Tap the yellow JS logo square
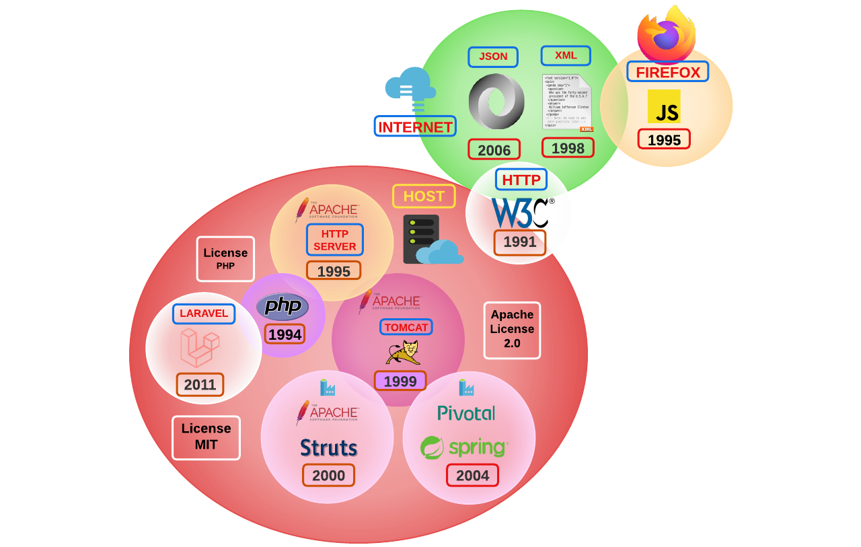(664, 106)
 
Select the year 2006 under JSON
(494, 149)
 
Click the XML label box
(566, 56)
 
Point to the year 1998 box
(568, 148)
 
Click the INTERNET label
(415, 126)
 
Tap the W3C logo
(522, 213)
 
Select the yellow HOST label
(424, 196)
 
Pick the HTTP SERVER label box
(335, 240)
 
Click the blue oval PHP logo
(283, 306)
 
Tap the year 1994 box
(285, 334)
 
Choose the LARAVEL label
(204, 314)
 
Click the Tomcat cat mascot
(404, 353)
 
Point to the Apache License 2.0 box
(512, 330)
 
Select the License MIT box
(206, 437)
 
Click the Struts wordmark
(329, 448)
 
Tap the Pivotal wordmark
(466, 413)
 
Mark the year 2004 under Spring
(472, 476)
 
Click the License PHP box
(225, 258)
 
